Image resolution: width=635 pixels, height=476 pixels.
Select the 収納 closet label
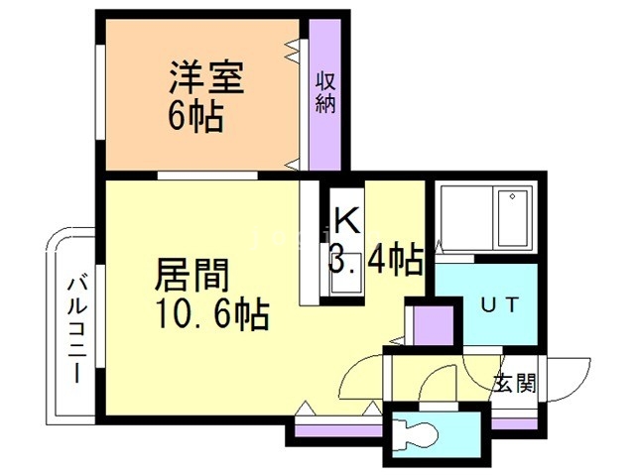324,92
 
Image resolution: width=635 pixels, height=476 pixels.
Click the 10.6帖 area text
209,314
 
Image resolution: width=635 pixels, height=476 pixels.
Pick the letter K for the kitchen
345,219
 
